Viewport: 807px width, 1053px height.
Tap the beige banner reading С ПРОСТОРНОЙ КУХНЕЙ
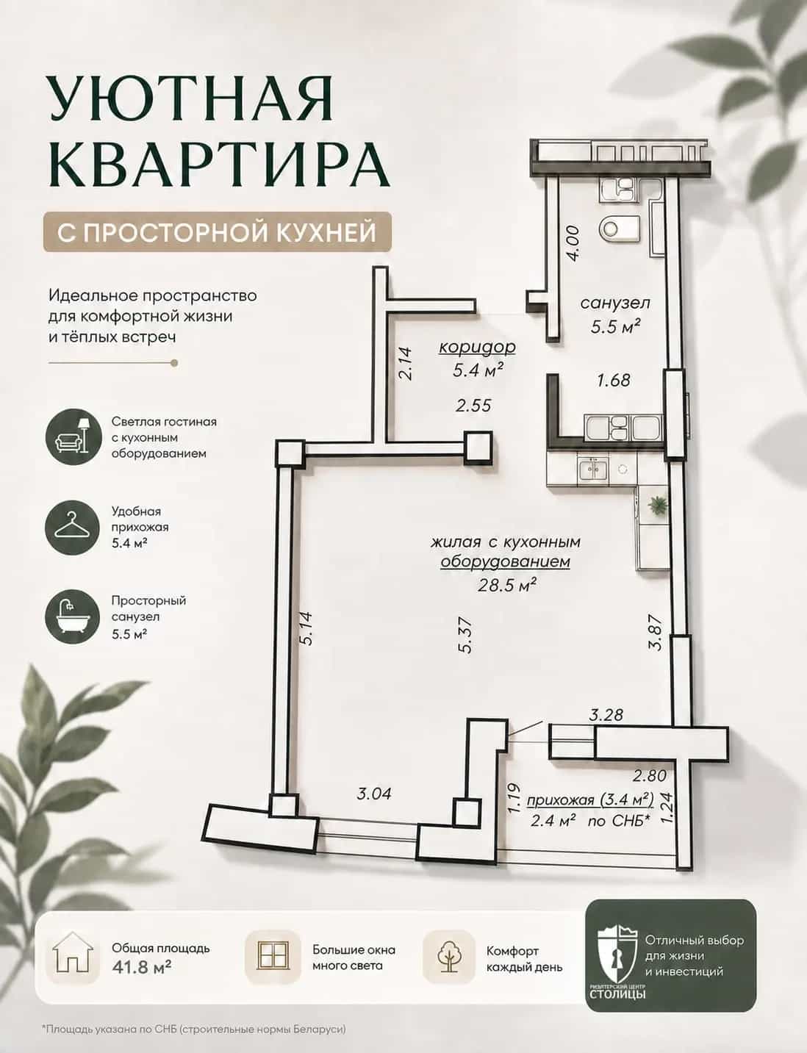coord(217,231)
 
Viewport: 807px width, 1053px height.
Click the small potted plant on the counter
coord(656,504)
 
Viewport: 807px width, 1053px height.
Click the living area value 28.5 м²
coord(507,586)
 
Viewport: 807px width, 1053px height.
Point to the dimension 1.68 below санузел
coord(614,381)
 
